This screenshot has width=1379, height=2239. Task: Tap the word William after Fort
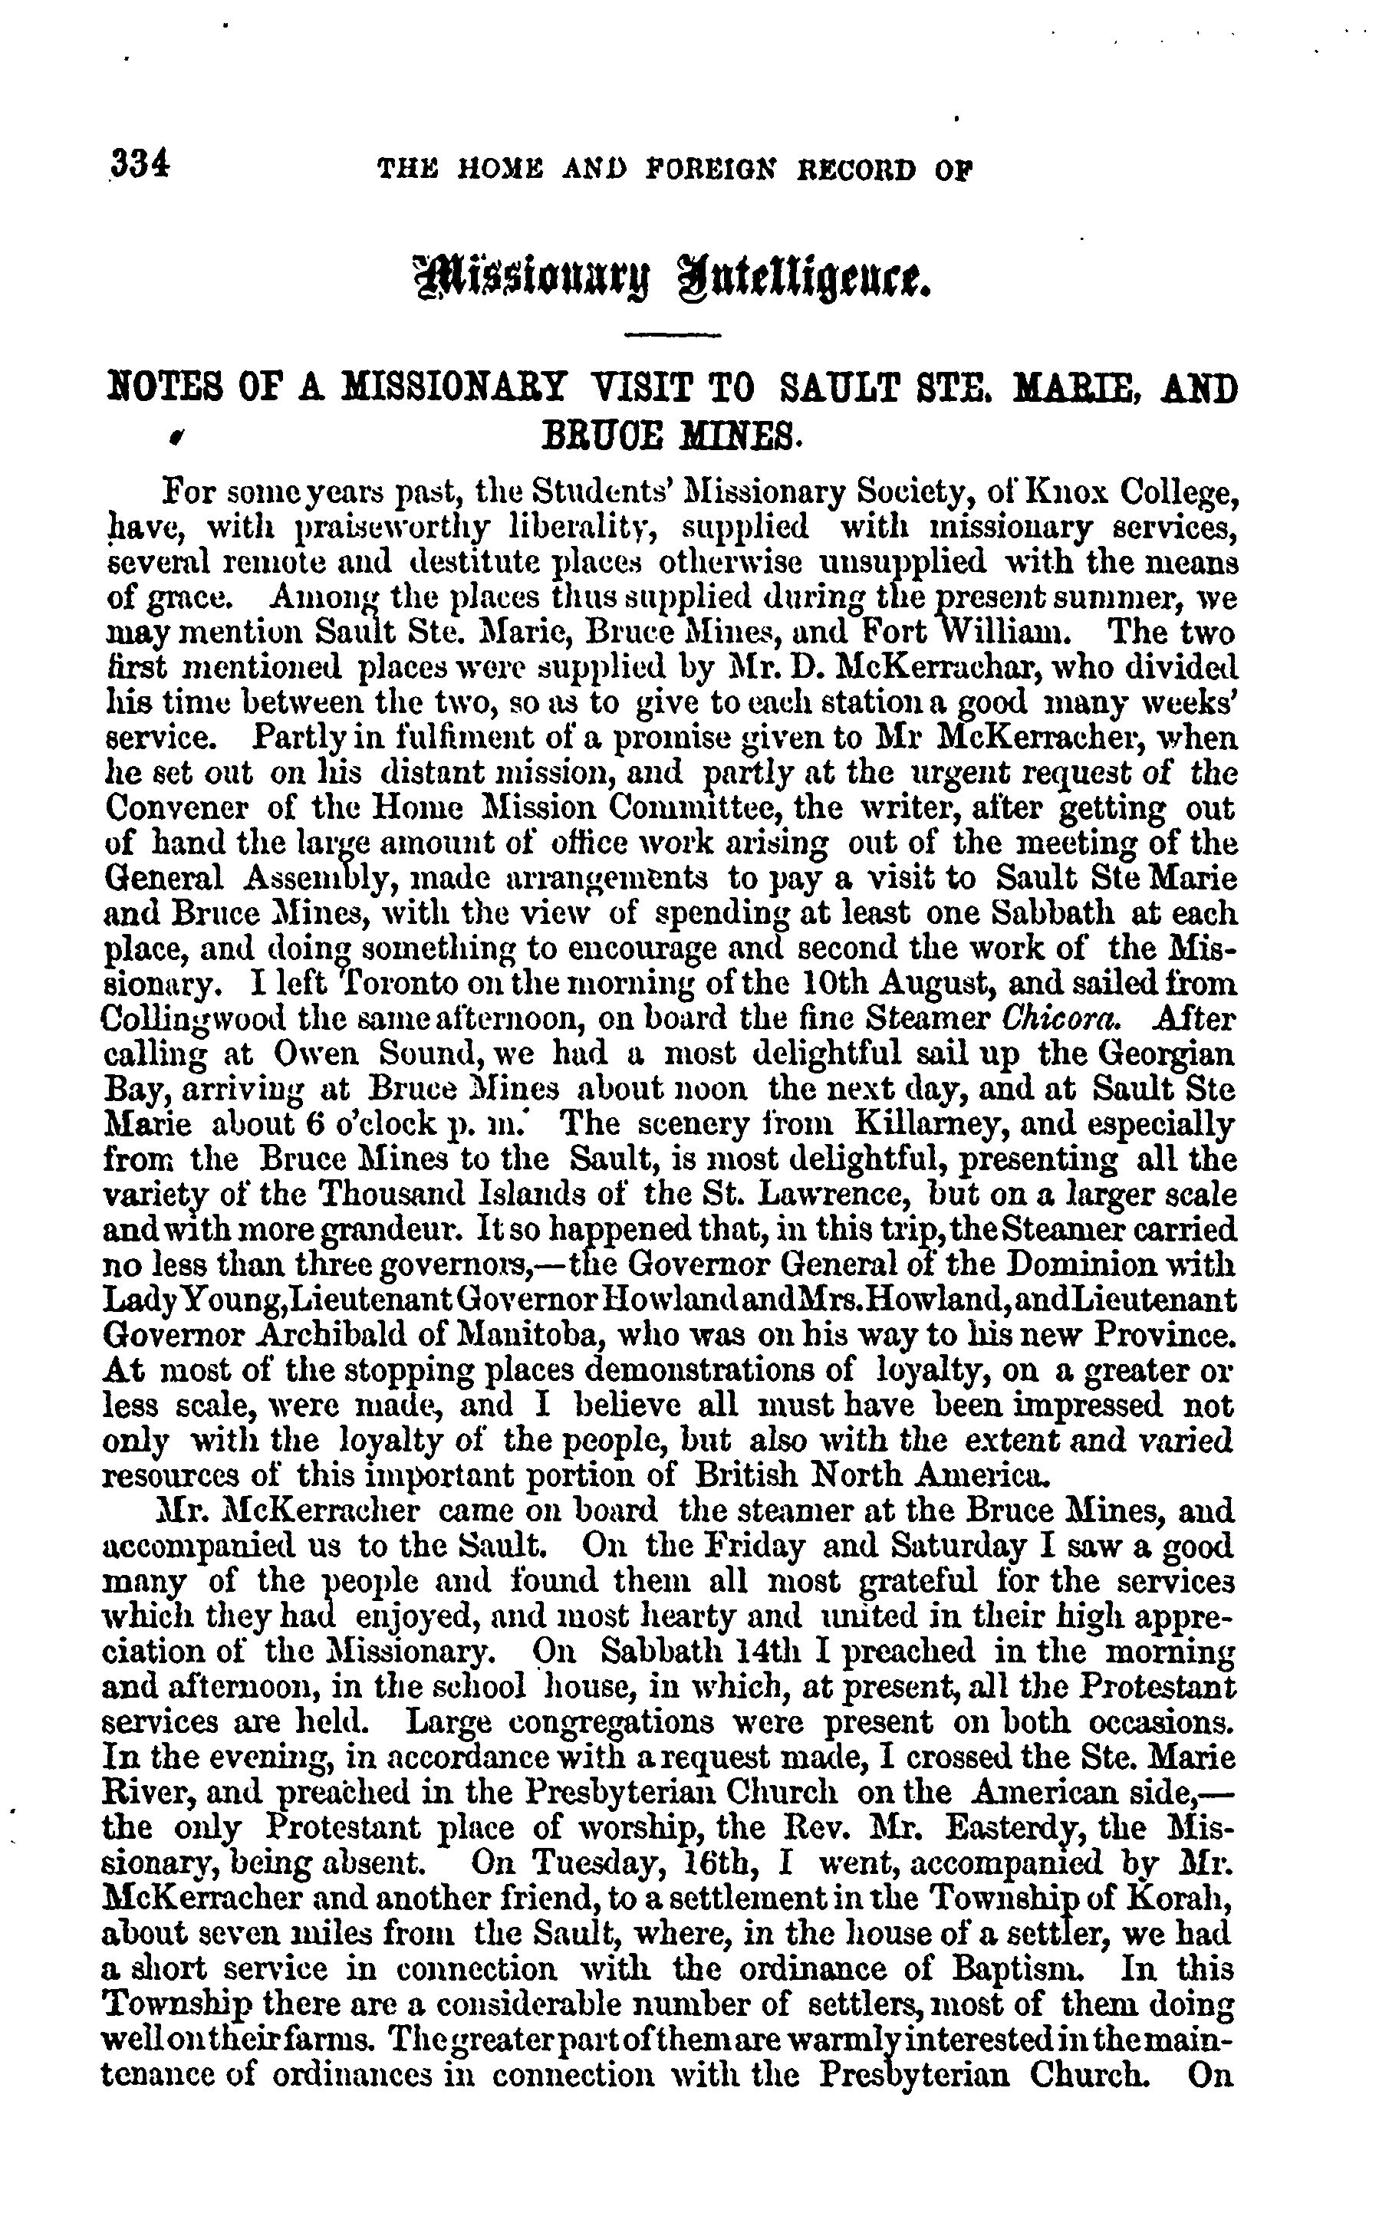[x=1003, y=633]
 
